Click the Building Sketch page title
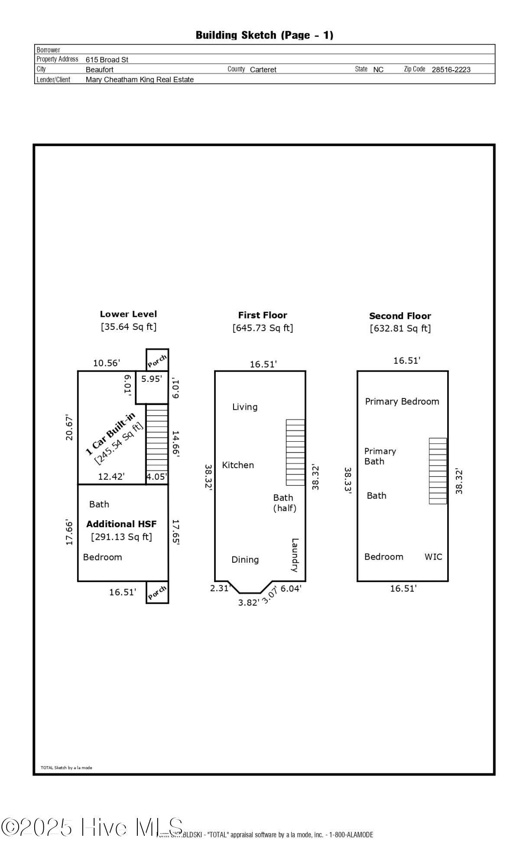point(264,35)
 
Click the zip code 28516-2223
point(451,69)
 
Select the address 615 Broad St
point(107,60)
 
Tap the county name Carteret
point(263,69)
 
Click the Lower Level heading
point(128,314)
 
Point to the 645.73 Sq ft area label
point(263,328)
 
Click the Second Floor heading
point(400,316)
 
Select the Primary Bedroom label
point(402,401)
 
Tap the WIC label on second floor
point(433,557)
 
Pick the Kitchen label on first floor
point(238,465)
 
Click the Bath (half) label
point(284,503)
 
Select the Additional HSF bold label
point(121,524)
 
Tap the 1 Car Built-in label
point(110,434)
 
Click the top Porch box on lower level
point(157,360)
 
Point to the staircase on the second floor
point(438,471)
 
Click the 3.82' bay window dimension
point(248,603)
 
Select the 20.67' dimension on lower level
point(69,428)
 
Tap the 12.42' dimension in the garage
point(111,477)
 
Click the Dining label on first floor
point(245,560)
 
